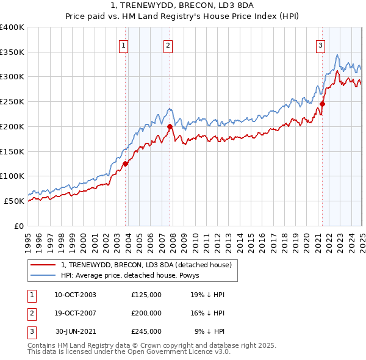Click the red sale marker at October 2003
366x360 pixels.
click(x=125, y=164)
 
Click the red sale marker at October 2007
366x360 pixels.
click(x=170, y=126)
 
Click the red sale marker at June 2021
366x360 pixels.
click(x=322, y=104)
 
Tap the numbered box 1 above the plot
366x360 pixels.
click(x=123, y=45)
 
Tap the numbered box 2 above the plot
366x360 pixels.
click(x=168, y=45)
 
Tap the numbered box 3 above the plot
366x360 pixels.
click(x=320, y=45)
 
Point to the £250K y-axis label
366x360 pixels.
click(x=12, y=102)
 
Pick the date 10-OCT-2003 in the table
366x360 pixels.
click(x=75, y=295)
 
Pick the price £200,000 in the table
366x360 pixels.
click(x=146, y=313)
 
